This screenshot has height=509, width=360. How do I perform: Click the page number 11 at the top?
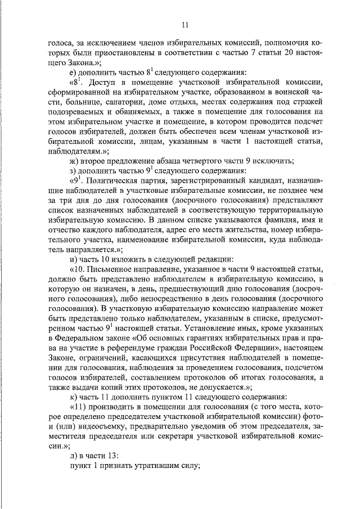tap(184, 24)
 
